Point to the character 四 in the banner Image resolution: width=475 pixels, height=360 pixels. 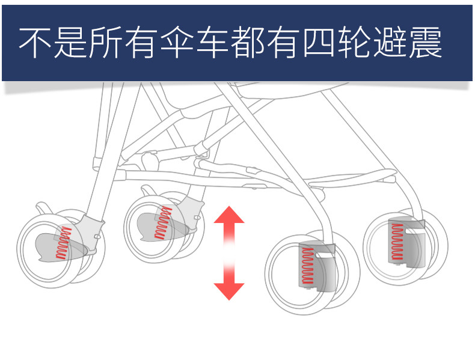pyautogui.click(x=316, y=42)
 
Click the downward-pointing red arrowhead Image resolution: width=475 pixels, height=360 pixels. pyautogui.click(x=229, y=290)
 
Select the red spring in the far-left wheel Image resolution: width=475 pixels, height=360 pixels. pyautogui.click(x=63, y=243)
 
